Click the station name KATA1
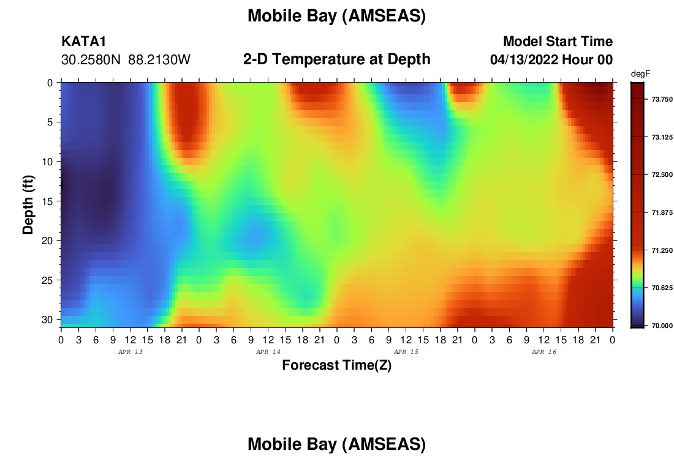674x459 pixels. [83, 42]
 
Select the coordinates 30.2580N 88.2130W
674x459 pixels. [126, 60]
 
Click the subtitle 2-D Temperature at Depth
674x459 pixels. [336, 59]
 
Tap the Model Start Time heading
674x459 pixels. [558, 42]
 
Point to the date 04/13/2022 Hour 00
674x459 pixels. [551, 60]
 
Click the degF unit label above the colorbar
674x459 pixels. [640, 74]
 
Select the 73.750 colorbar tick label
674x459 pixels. [662, 100]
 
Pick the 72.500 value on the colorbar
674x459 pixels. [662, 175]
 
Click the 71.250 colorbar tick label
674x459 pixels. [662, 250]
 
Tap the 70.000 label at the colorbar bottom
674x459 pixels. [662, 326]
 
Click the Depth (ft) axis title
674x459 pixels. [28, 205]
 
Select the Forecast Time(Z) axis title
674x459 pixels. [336, 365]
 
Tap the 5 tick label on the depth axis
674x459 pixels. [50, 122]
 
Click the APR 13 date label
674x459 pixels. [131, 352]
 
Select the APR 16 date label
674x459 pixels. [543, 352]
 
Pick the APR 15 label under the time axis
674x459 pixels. [406, 352]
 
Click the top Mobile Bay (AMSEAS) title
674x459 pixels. [336, 16]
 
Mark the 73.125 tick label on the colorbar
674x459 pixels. [662, 138]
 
